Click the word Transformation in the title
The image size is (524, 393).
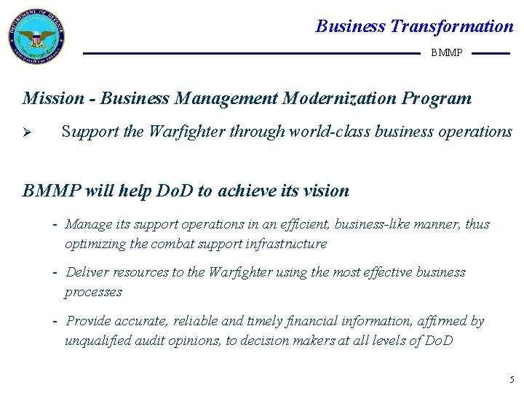coord(451,27)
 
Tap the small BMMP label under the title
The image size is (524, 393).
coord(446,53)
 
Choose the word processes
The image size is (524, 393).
coord(93,292)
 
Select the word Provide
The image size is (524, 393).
coord(89,321)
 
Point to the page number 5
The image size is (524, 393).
coord(512,379)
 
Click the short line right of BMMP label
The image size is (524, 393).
coord(491,53)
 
